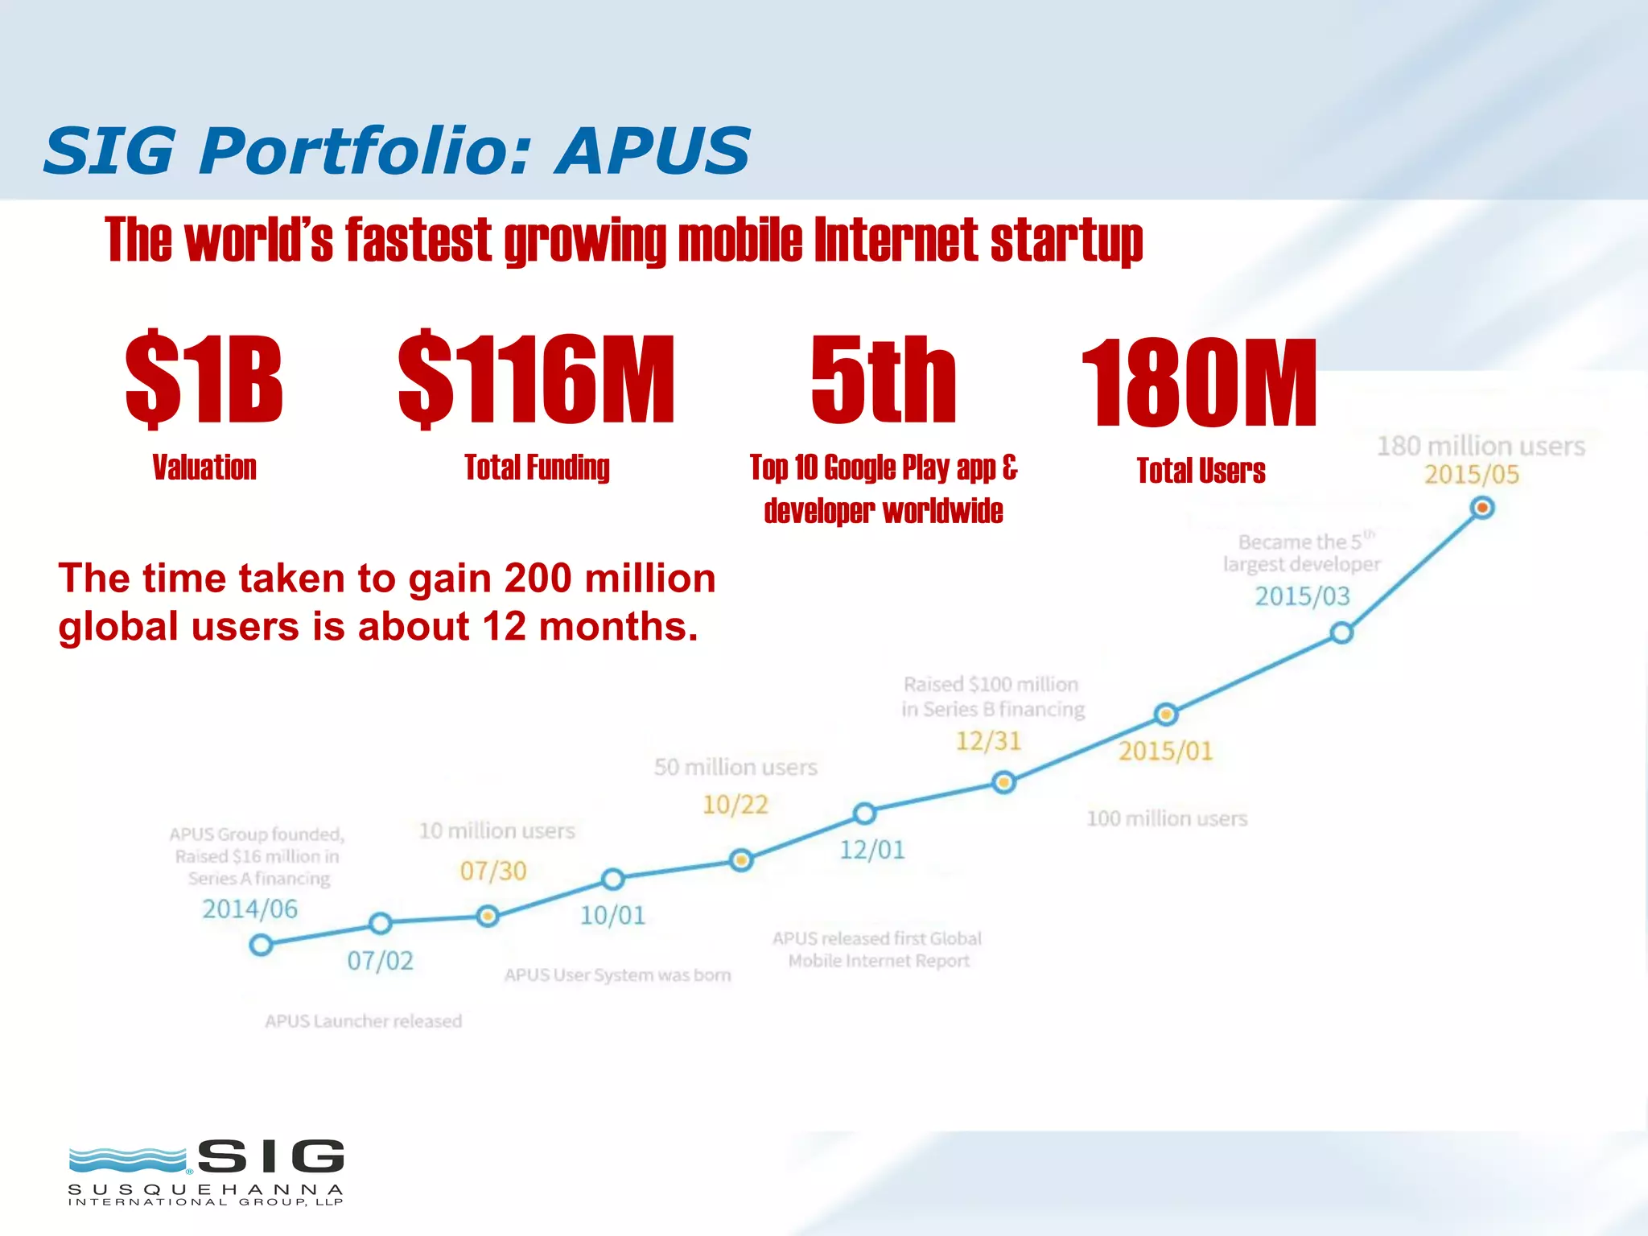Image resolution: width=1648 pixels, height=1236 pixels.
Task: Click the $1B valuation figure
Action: click(x=204, y=380)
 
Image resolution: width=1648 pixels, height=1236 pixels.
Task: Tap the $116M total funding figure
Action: click(x=537, y=380)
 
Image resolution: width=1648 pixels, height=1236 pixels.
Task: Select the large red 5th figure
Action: click(x=884, y=380)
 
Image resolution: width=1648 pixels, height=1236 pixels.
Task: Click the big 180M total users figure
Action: click(x=1199, y=383)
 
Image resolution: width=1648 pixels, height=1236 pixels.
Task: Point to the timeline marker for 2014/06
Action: click(x=261, y=945)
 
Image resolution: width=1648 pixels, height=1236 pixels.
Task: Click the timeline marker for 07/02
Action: click(x=381, y=923)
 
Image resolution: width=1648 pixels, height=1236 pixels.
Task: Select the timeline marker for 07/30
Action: click(x=488, y=917)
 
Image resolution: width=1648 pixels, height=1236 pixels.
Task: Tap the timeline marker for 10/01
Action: click(x=613, y=879)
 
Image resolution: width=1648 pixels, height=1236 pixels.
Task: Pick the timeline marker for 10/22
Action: click(x=741, y=860)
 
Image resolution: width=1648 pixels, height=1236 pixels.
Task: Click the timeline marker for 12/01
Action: click(x=864, y=814)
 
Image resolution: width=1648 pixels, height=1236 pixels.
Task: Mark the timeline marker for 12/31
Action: click(x=1003, y=782)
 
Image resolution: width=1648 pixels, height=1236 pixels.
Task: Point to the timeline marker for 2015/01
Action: click(x=1166, y=714)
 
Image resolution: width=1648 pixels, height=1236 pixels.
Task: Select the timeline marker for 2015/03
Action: click(x=1341, y=633)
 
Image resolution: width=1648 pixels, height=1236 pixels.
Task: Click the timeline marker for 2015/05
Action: click(x=1482, y=508)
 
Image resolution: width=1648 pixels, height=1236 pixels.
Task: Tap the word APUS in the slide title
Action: click(x=653, y=150)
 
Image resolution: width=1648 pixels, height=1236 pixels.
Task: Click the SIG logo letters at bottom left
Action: click(x=271, y=1157)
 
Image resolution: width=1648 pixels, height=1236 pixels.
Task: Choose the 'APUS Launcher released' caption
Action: click(x=364, y=1021)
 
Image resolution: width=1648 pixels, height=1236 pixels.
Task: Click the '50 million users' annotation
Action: click(x=735, y=767)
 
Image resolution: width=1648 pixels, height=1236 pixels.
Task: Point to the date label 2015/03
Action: click(x=1302, y=596)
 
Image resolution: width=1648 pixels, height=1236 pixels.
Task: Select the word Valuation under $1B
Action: click(x=204, y=468)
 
